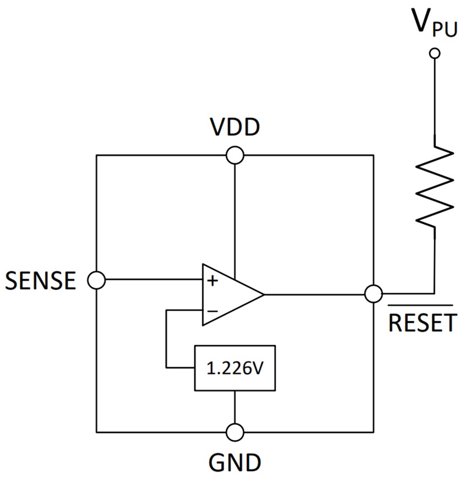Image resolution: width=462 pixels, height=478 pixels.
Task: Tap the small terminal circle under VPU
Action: tap(435, 53)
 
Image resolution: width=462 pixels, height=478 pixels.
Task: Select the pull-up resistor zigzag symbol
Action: tap(435, 186)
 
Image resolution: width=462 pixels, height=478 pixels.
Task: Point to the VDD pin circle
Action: tap(234, 155)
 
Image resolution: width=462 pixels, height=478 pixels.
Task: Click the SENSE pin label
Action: tap(40, 280)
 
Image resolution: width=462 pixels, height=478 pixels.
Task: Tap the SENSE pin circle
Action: tap(97, 280)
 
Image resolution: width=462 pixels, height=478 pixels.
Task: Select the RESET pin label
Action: tap(422, 322)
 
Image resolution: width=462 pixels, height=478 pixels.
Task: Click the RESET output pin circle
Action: tap(374, 293)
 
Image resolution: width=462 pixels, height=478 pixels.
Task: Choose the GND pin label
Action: tap(234, 462)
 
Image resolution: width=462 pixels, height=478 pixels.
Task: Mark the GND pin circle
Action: tap(234, 432)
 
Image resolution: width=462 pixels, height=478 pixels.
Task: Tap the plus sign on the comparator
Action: tap(212, 281)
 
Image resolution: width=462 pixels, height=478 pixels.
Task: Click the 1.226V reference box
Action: tap(235, 368)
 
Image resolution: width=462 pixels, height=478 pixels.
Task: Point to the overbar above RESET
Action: tap(420, 306)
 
